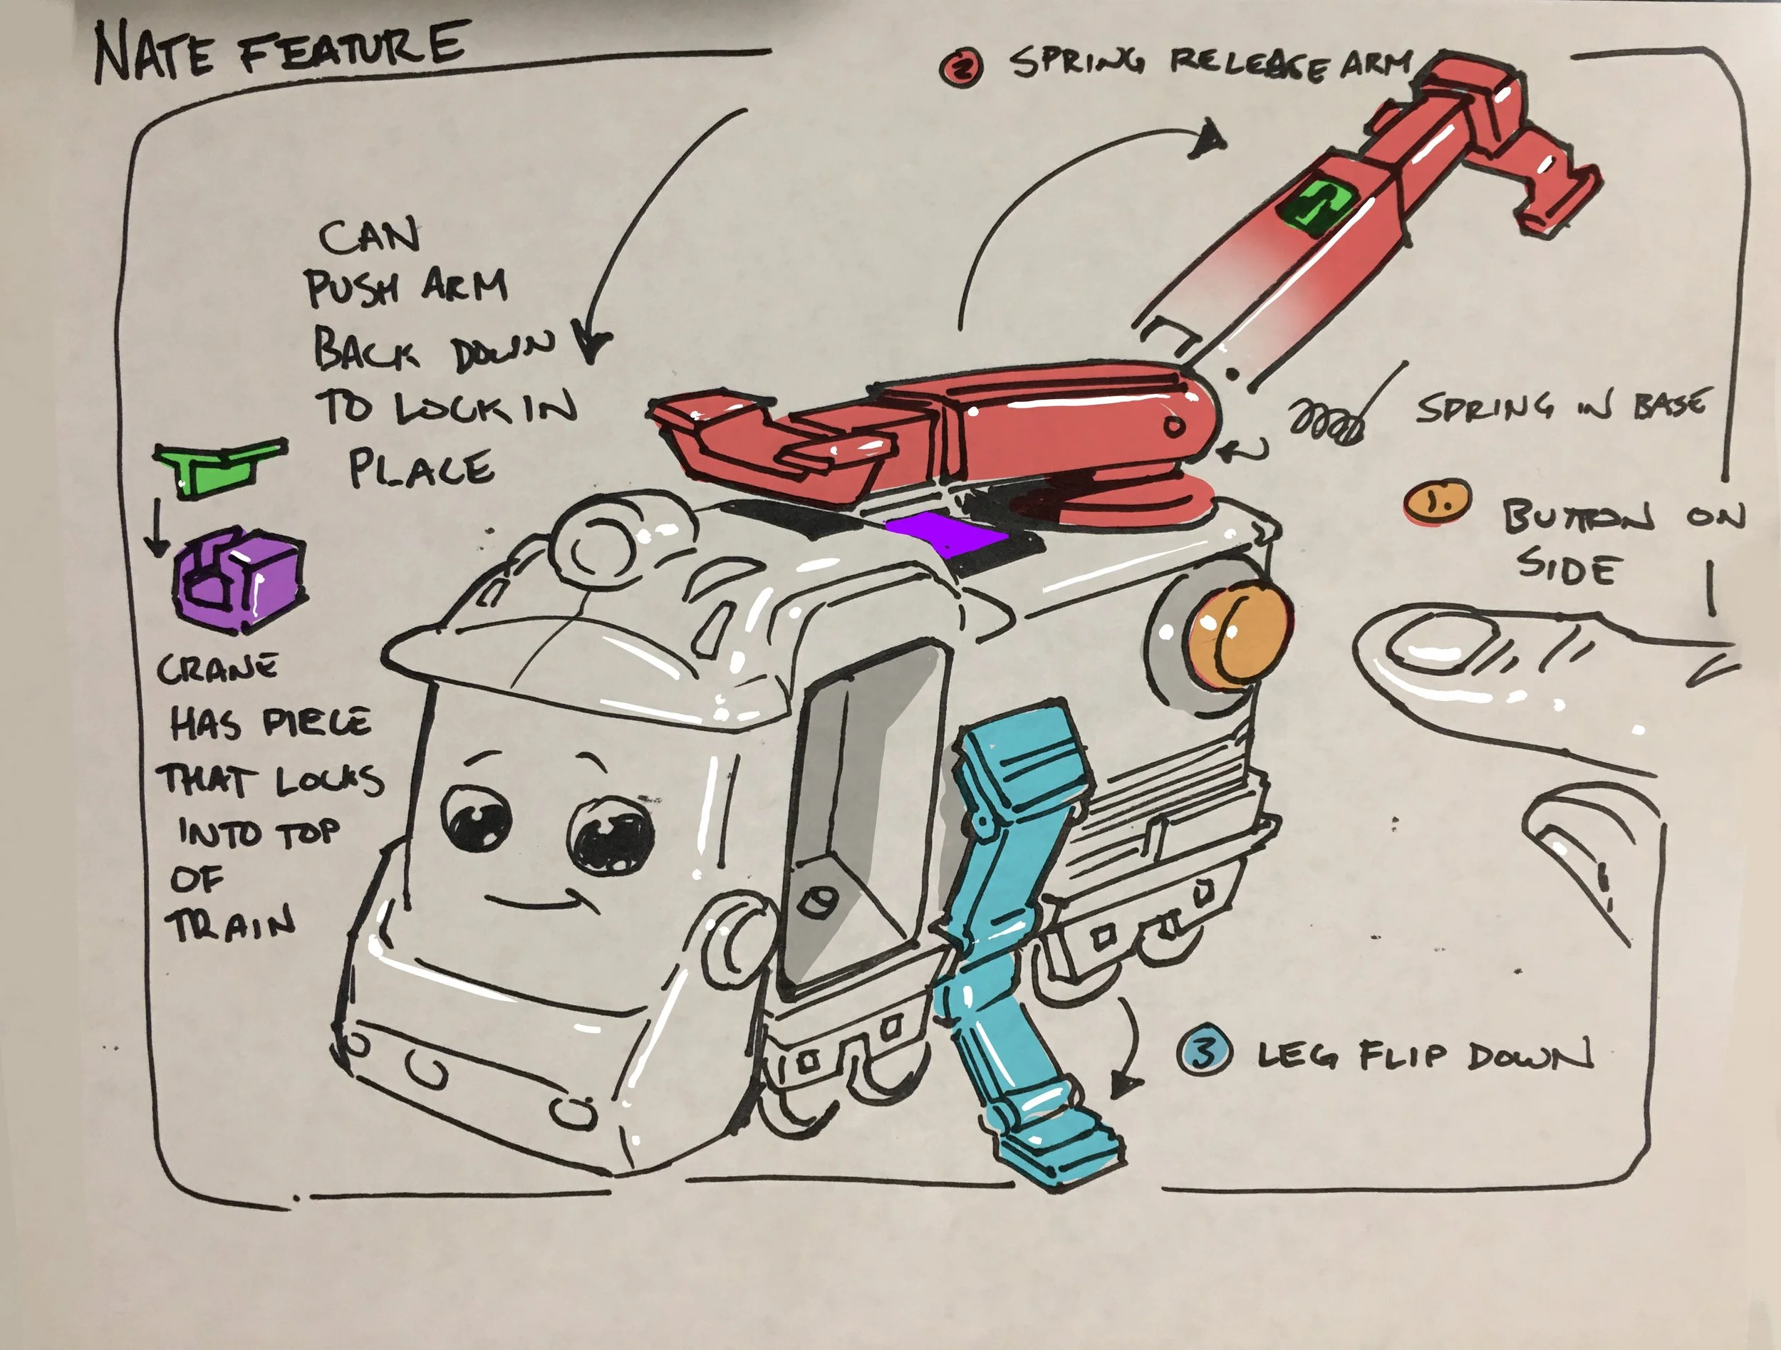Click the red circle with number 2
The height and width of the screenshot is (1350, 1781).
960,68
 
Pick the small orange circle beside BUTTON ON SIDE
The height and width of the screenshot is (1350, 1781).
1437,502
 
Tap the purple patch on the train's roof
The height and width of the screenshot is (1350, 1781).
945,534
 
